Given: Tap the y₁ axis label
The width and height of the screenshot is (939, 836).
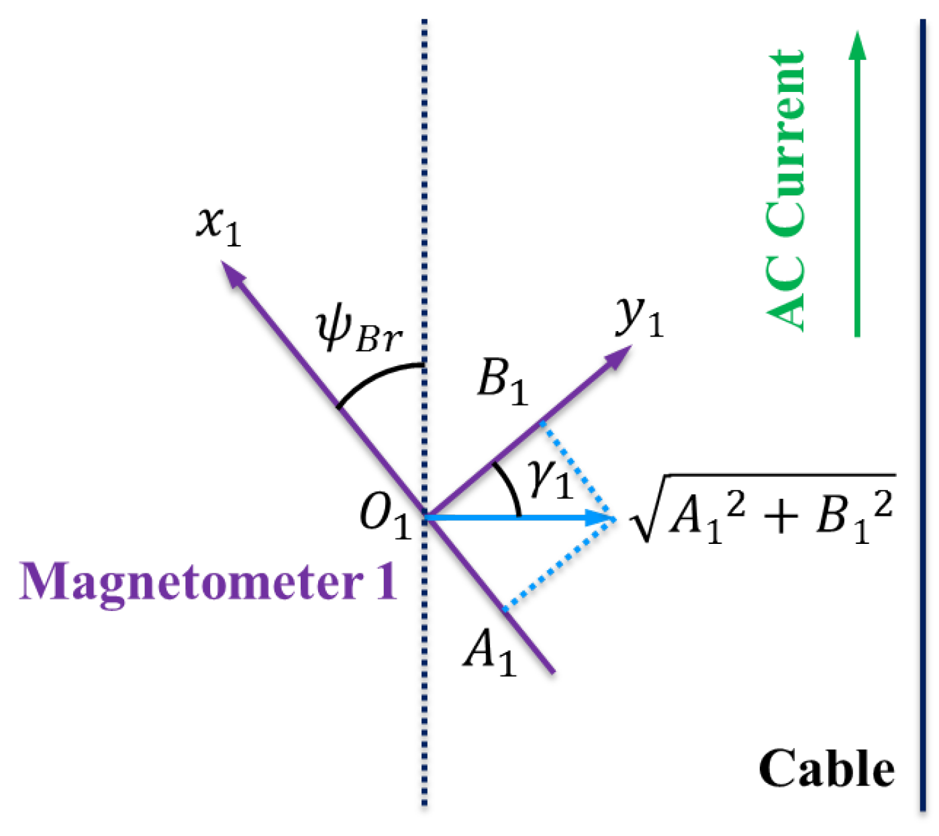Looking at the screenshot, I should coord(639,318).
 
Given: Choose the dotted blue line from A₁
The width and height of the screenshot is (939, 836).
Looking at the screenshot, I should coord(560,564).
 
